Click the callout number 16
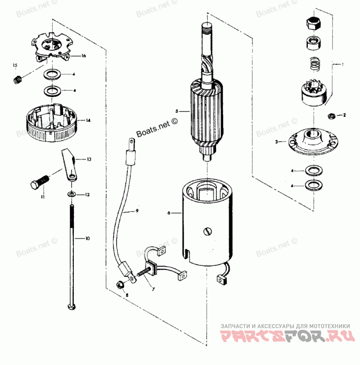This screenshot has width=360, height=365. [84, 56]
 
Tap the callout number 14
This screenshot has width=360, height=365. [89, 120]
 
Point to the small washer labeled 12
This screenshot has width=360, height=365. [72, 194]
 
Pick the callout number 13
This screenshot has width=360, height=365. [89, 159]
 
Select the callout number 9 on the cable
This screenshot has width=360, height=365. [137, 211]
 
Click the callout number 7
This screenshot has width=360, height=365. [153, 289]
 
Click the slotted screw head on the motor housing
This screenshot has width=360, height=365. [207, 232]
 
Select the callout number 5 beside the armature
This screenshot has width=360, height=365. [177, 111]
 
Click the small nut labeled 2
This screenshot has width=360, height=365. [332, 116]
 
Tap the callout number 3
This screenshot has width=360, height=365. [277, 141]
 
